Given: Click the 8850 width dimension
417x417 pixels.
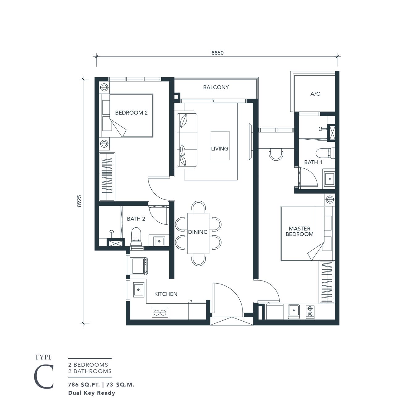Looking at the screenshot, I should [217, 53].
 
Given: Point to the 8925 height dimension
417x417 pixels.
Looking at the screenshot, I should [79, 200].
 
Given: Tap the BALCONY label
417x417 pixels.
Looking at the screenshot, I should [216, 87].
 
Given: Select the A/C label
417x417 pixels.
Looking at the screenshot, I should [315, 94].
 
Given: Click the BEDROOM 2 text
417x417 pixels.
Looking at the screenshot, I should [131, 113].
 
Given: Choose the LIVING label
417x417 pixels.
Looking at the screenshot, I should [220, 149].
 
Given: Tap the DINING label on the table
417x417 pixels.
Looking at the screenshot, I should [198, 232].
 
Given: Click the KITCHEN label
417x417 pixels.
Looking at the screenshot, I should [166, 294].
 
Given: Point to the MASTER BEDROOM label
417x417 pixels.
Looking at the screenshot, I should [299, 231].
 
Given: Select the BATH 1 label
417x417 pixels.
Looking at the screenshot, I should [313, 162].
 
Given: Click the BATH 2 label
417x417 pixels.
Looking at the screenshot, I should [136, 219].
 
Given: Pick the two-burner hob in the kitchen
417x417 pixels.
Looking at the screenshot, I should [160, 313].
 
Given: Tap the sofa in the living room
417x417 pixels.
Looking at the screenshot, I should [187, 141].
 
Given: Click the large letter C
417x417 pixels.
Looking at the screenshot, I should [44, 377].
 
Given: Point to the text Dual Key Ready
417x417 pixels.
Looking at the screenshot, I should [91, 393].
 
